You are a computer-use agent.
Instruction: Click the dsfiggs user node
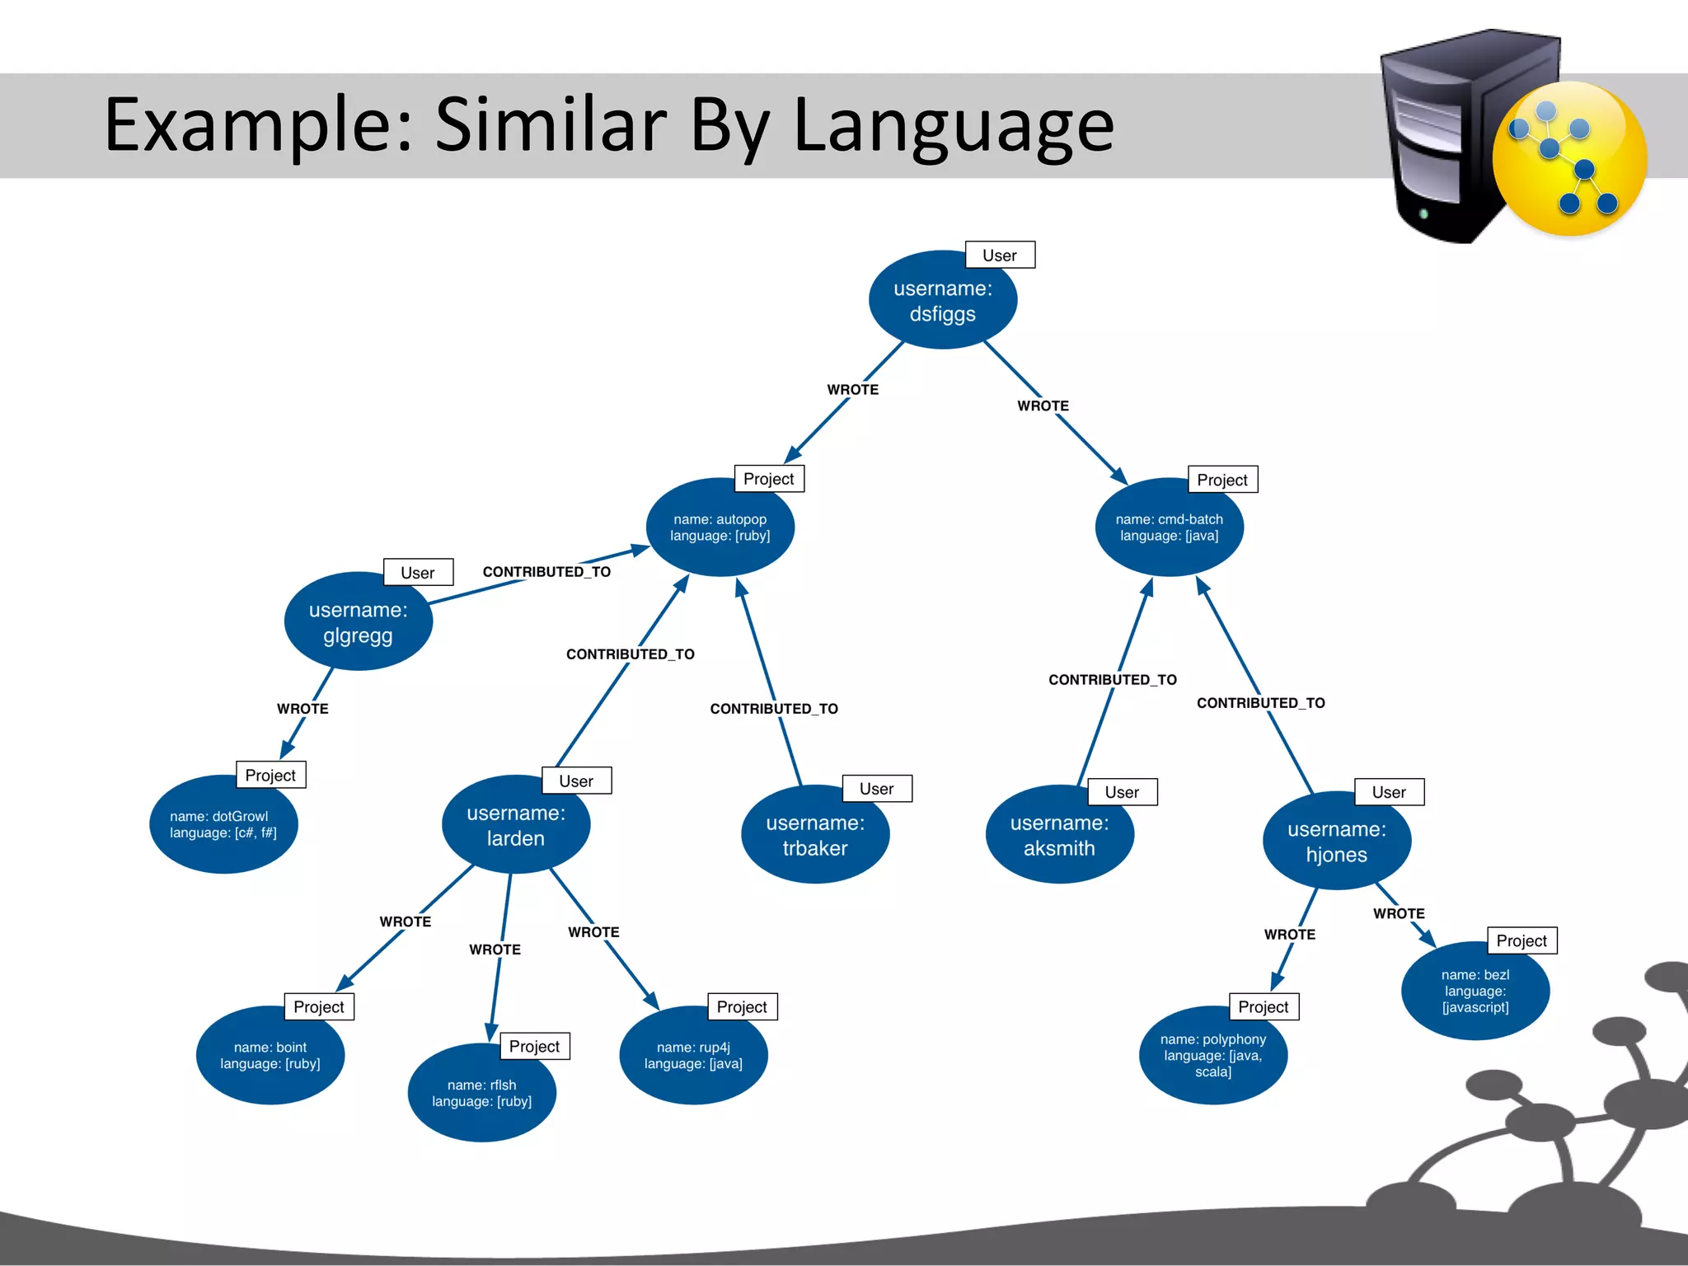[x=942, y=301]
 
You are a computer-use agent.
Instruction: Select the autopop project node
[x=720, y=527]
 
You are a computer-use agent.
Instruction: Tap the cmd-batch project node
[x=1169, y=527]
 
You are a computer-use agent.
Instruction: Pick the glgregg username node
[x=358, y=622]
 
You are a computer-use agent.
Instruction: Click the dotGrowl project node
[x=223, y=824]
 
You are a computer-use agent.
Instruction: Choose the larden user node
[x=516, y=825]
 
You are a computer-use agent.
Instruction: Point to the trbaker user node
[x=814, y=835]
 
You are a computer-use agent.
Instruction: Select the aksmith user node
[x=1059, y=835]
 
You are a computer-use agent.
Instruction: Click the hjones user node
[x=1336, y=842]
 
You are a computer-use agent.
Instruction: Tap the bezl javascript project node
[x=1475, y=991]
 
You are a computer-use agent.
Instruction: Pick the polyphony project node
[x=1212, y=1056]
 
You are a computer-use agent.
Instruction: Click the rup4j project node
[x=693, y=1056]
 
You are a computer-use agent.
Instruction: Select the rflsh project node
[x=481, y=1094]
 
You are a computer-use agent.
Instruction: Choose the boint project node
[x=270, y=1056]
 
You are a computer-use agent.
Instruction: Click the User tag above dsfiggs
[x=999, y=256]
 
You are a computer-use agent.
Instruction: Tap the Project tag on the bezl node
[x=1521, y=940]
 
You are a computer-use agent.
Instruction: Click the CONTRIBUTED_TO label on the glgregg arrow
[x=546, y=572]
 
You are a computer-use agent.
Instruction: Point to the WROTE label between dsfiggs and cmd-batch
[x=1043, y=406]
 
